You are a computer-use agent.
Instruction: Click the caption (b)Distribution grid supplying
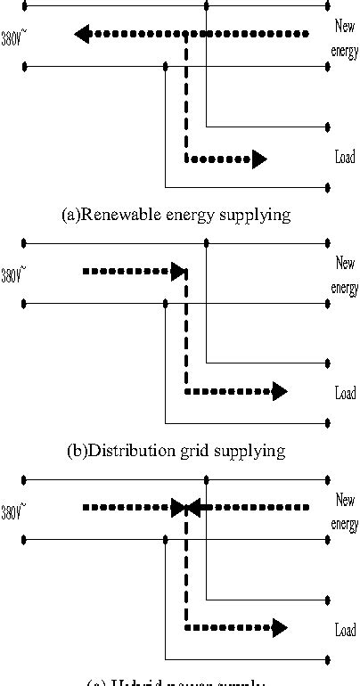(x=176, y=450)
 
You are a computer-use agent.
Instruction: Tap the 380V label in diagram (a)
(x=12, y=38)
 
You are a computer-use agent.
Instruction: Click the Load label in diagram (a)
(x=345, y=158)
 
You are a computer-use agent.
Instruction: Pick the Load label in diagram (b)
(x=345, y=393)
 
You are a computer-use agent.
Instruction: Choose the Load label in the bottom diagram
(x=345, y=630)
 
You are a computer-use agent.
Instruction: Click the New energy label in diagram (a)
(x=344, y=41)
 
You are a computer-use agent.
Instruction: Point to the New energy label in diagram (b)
(x=344, y=276)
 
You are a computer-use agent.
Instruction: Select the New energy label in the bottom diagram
(x=344, y=513)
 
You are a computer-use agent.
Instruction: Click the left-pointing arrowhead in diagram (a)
(x=82, y=35)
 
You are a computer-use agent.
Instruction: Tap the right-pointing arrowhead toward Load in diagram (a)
(x=258, y=159)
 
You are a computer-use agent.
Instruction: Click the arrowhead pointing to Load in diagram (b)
(x=279, y=391)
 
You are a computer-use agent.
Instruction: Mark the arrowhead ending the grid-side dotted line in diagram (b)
(x=178, y=271)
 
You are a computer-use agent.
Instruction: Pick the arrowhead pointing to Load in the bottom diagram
(x=279, y=627)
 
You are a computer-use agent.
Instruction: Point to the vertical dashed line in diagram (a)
(x=185, y=98)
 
